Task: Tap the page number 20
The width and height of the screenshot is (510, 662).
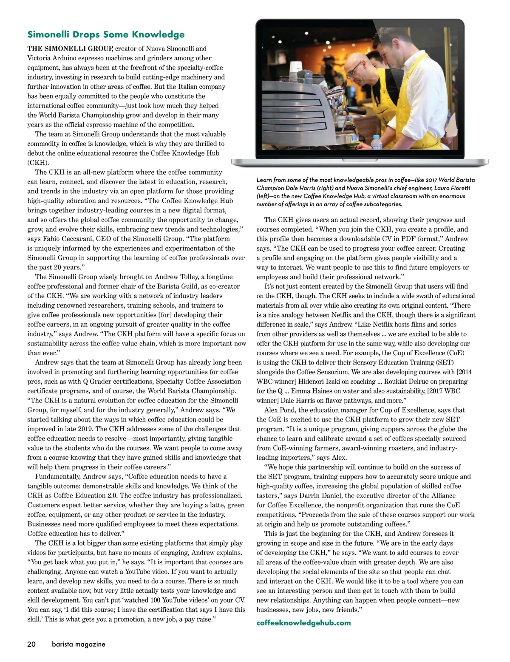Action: point(31,644)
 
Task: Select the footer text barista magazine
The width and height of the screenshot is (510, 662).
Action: point(79,644)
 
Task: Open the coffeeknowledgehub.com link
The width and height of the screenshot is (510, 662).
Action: point(304,622)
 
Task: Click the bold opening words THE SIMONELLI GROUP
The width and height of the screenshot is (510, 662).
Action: point(70,48)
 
